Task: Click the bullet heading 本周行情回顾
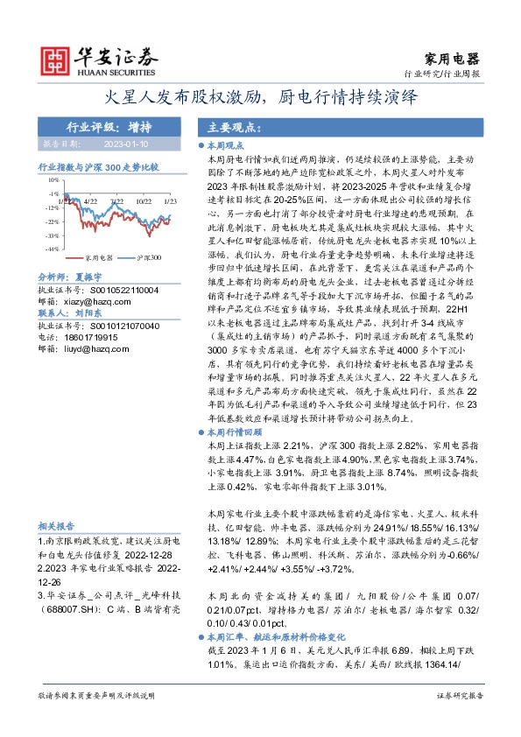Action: [x=235, y=432]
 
